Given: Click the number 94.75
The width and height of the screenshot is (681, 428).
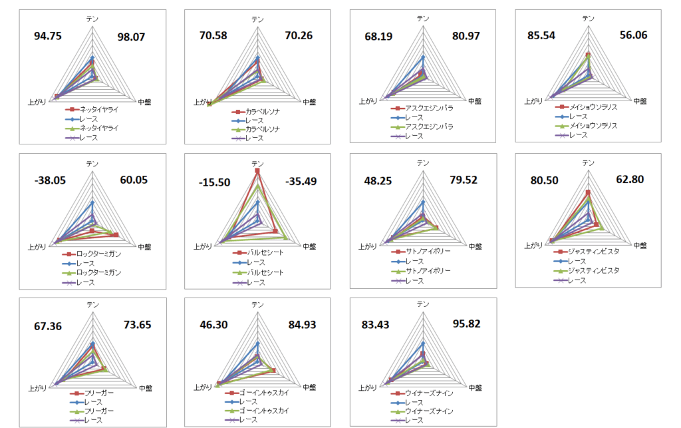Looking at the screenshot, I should [x=48, y=37].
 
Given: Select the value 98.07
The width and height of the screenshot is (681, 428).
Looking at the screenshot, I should [x=130, y=37].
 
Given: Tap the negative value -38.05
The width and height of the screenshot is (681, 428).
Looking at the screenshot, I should [x=48, y=180].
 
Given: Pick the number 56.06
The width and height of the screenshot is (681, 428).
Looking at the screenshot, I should [x=629, y=37].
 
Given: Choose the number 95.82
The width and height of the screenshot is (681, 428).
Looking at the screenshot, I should [x=464, y=324].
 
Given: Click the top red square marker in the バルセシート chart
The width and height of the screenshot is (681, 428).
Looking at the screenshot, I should [x=257, y=172].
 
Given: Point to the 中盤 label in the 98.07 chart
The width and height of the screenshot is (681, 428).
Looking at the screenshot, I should [x=144, y=102].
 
